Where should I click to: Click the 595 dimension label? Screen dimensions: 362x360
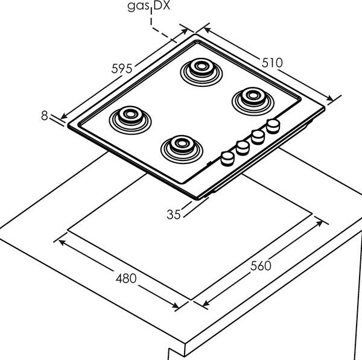(122, 69)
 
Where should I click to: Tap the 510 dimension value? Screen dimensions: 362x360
(272, 63)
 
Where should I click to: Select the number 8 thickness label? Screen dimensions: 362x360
(45, 116)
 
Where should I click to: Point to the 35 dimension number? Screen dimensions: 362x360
(174, 215)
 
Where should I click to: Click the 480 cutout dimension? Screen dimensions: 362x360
(126, 279)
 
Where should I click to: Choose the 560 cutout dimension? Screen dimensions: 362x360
(261, 265)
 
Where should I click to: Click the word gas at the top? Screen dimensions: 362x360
(139, 6)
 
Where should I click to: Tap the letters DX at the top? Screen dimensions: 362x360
(162, 5)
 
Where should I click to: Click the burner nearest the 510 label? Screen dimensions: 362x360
(253, 101)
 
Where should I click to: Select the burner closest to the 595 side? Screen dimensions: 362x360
(130, 120)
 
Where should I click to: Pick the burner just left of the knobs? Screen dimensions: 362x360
(182, 150)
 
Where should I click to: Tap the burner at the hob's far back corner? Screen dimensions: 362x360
(202, 72)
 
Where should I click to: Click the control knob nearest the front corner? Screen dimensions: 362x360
(227, 159)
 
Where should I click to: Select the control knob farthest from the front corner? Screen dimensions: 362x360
(273, 126)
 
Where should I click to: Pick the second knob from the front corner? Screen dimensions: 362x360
(243, 148)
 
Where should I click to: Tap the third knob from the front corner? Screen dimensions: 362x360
(258, 137)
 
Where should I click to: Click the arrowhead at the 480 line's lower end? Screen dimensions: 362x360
(176, 306)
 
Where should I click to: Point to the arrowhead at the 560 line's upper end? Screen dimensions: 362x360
(319, 223)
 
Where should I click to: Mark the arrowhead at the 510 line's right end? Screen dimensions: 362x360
(330, 98)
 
